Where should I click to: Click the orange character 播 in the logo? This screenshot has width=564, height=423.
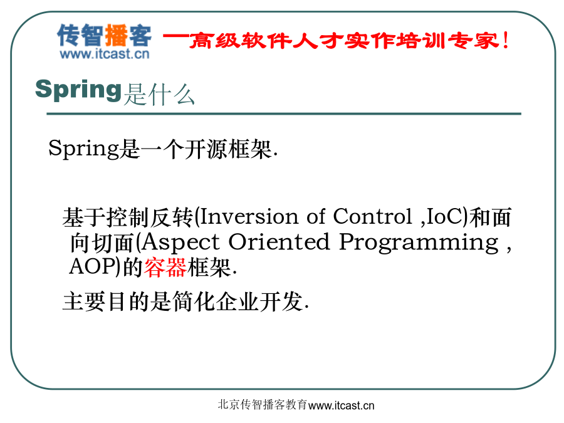coord(116,35)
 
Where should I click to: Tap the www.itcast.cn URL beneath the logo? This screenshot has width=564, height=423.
coord(104,54)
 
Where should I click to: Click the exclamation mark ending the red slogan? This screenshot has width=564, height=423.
coord(506,40)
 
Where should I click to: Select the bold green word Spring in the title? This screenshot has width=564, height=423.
coord(78,90)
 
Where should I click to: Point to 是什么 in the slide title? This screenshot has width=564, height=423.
coord(159,95)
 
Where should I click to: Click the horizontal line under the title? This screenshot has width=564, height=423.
coord(284,113)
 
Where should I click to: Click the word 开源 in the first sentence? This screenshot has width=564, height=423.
coord(206,149)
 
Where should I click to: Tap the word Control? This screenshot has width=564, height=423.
coord(372,217)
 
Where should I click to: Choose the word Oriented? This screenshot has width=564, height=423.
coord(279,242)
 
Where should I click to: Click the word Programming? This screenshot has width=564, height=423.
coord(419,243)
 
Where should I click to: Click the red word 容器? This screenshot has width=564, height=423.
coord(165,268)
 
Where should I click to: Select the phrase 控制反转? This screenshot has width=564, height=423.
coord(128,217)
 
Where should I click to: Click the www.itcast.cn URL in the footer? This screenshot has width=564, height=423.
coord(342,405)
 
